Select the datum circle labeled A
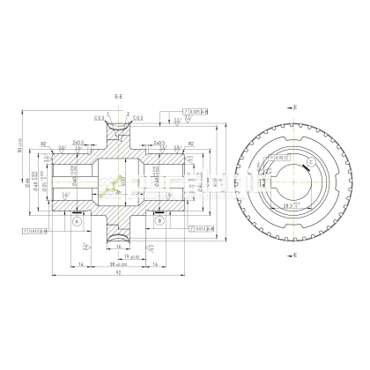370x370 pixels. click(x=77, y=222)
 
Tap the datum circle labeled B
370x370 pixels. click(x=158, y=222)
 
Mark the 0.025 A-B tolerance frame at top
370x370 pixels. click(x=197, y=112)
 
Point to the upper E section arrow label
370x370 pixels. click(x=295, y=106)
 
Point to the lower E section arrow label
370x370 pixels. click(x=295, y=255)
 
